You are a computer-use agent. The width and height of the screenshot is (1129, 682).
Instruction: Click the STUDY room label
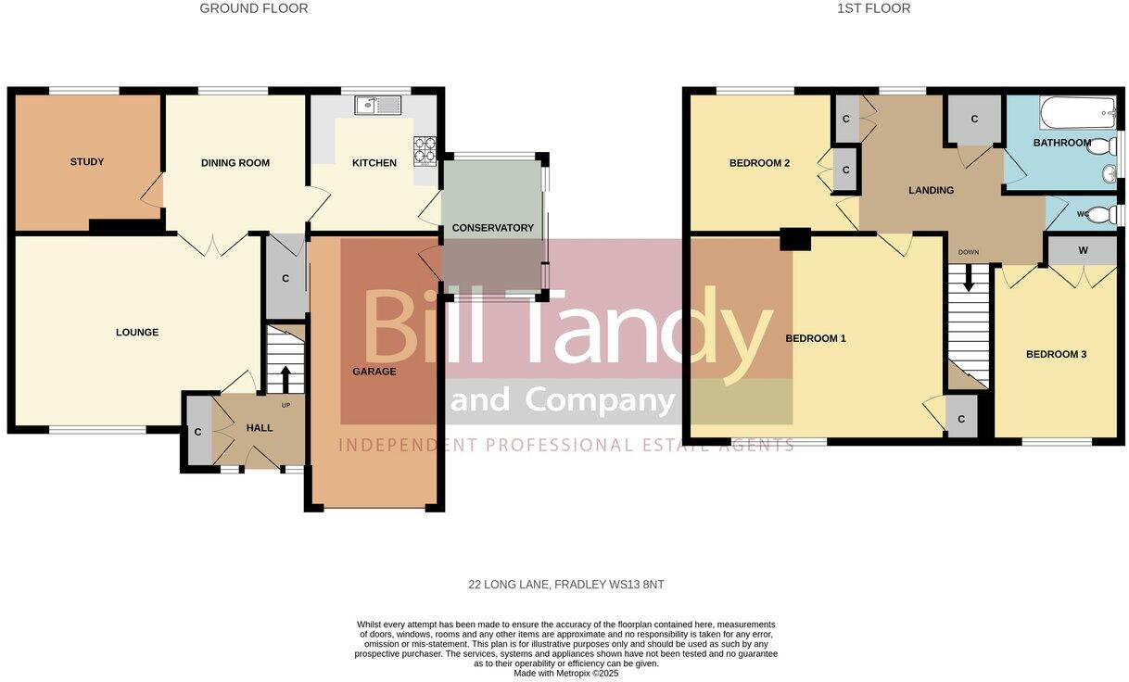[87, 162]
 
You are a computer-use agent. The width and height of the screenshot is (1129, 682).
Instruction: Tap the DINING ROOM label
[235, 163]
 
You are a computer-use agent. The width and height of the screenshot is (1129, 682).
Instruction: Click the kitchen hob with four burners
[425, 148]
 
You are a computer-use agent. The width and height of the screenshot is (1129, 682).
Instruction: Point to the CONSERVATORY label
[493, 228]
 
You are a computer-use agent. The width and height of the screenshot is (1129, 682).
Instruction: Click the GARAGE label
[374, 372]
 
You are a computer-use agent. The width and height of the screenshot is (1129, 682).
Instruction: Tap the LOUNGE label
[137, 333]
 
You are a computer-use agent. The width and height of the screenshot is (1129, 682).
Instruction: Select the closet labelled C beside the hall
[197, 431]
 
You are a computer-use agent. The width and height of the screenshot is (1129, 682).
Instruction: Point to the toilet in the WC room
[1100, 215]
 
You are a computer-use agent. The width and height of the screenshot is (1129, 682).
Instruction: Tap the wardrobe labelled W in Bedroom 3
[1082, 250]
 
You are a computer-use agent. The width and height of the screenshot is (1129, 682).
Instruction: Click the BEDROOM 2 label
[760, 163]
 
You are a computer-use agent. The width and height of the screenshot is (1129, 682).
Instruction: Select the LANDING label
[931, 191]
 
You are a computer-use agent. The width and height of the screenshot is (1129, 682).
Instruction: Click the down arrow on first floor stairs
[969, 276]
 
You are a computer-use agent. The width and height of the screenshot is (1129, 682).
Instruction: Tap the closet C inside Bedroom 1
[961, 419]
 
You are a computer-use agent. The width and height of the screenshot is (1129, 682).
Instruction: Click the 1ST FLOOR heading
[874, 8]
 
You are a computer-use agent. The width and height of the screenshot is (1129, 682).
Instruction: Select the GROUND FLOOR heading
[254, 8]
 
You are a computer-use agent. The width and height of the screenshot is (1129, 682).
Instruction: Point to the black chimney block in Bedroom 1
[794, 238]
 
